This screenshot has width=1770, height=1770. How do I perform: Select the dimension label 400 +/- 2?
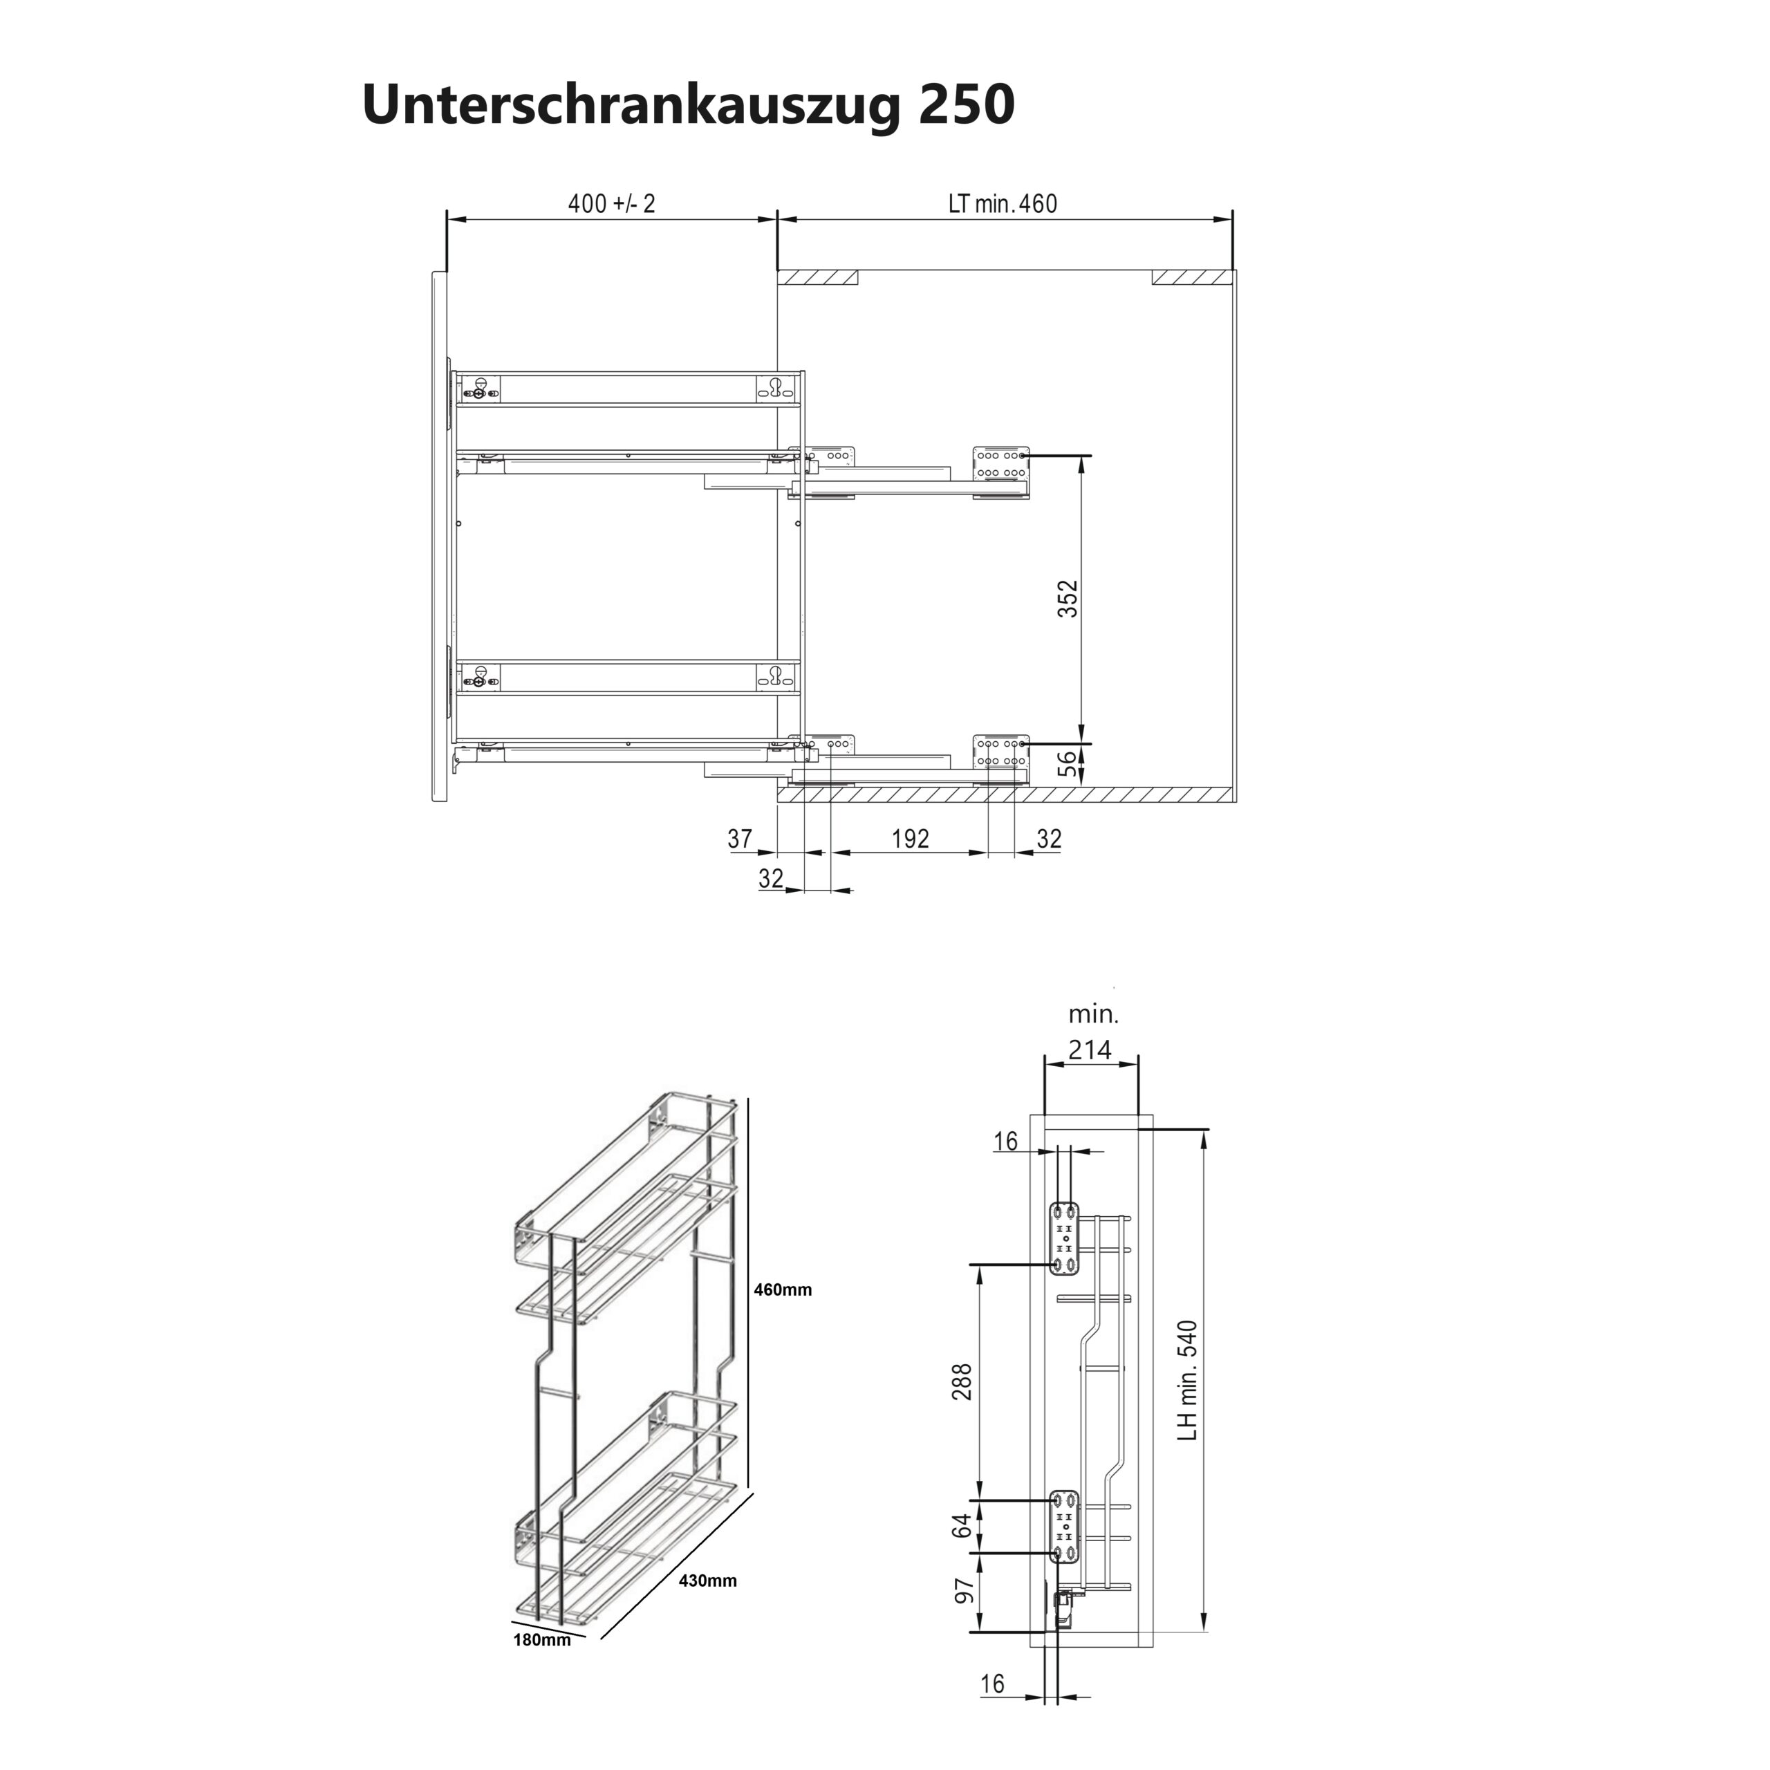(x=611, y=203)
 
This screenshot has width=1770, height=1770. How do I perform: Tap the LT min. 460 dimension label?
(x=1003, y=203)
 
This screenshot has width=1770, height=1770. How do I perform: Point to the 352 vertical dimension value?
(x=1068, y=598)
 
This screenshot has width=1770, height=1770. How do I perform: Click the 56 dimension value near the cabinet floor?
(x=1068, y=764)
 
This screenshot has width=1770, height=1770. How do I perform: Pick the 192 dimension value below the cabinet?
(x=910, y=838)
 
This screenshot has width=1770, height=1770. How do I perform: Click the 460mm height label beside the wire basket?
(x=783, y=1291)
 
